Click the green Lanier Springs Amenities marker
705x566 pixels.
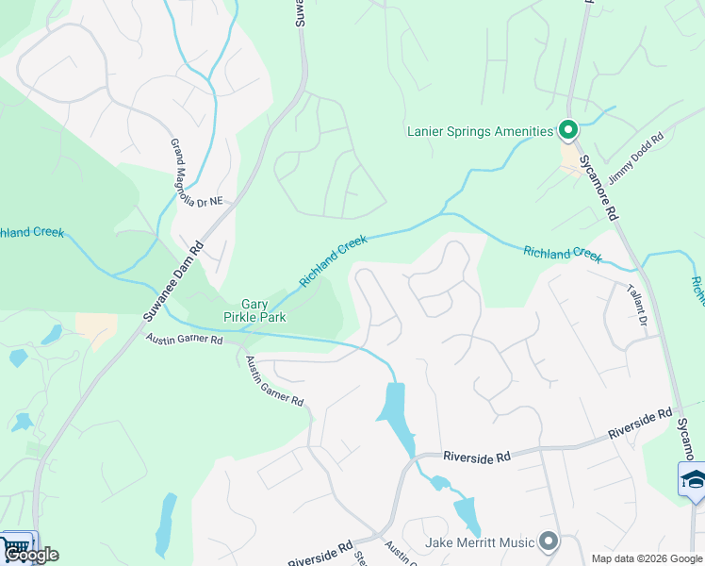click(x=568, y=129)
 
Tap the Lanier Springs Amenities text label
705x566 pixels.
click(x=480, y=131)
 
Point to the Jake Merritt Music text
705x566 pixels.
click(x=480, y=541)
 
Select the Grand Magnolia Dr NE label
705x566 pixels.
click(x=195, y=173)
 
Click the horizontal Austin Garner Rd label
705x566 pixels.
click(x=184, y=339)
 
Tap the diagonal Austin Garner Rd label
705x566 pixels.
click(x=274, y=381)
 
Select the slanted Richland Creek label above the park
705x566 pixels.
click(x=333, y=262)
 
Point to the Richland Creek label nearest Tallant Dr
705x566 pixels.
click(x=562, y=253)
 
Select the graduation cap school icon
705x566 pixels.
click(x=693, y=478)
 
